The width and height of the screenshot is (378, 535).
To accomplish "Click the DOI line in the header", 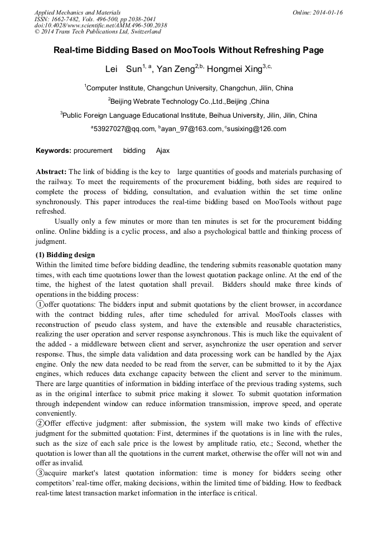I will (100, 26).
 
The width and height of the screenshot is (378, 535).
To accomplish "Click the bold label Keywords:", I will (54, 151).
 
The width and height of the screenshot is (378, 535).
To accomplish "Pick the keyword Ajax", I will (163, 151).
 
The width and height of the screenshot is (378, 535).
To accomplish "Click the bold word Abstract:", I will (51, 172).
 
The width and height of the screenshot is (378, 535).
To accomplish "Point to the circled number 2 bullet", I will (40, 423).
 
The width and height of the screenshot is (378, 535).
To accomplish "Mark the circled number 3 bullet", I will (40, 473).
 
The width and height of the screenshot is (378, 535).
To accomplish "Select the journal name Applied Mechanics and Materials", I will (77, 12).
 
